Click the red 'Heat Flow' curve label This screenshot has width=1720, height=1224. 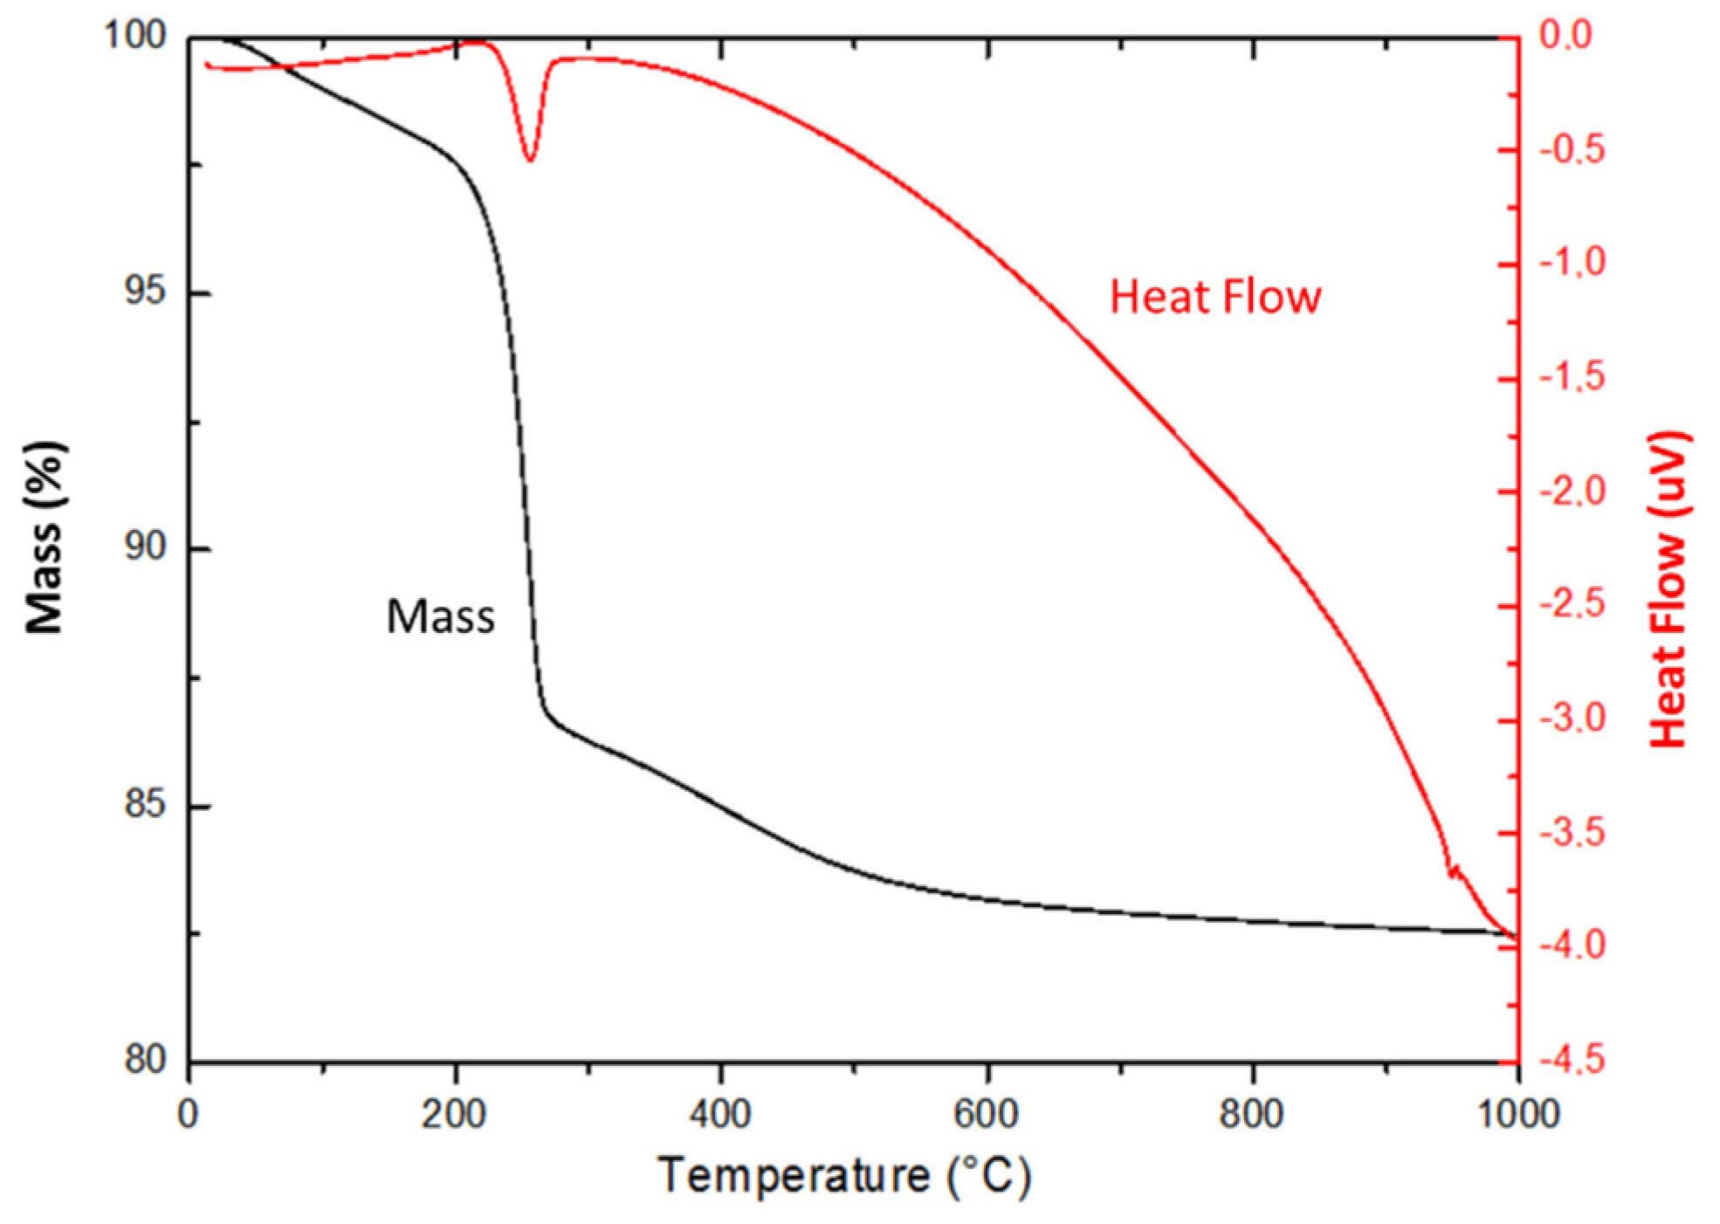1214,297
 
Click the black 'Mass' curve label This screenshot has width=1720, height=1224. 440,616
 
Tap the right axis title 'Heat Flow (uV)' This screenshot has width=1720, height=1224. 1668,588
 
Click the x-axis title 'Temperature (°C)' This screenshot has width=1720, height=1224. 844,1176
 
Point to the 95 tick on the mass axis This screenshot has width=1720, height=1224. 144,291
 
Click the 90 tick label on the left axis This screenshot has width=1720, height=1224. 144,547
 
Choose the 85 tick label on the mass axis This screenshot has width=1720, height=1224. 144,804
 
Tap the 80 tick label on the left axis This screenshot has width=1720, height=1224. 144,1060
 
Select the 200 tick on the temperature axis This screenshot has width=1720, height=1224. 454,1115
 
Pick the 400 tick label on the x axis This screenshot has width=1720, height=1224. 720,1115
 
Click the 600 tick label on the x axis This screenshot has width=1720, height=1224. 987,1115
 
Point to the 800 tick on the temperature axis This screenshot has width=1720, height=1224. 1252,1115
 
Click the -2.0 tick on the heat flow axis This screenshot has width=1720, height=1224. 1572,491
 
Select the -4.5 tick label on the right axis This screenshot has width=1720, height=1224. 1572,1060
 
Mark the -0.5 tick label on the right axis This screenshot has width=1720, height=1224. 1572,149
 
